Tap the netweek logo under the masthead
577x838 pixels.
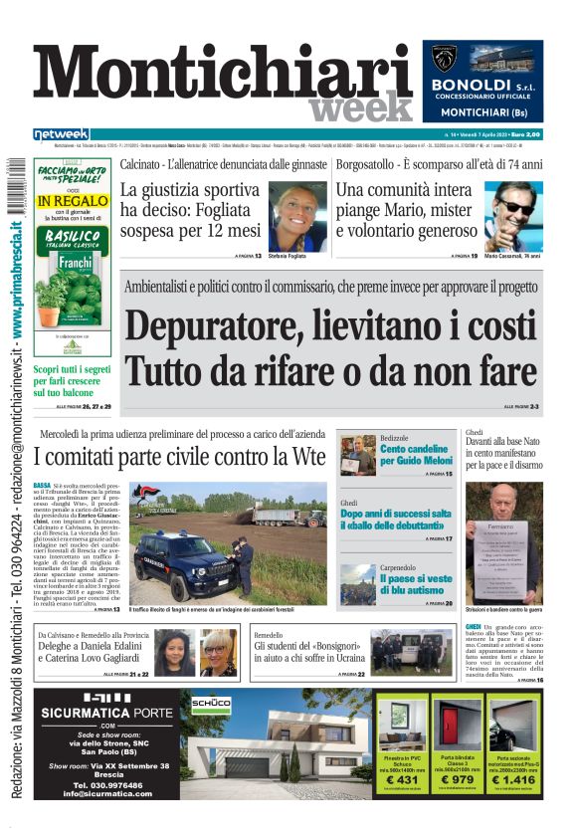tap(61, 133)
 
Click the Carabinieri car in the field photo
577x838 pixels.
tap(181, 562)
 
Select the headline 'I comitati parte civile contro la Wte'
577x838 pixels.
tap(179, 458)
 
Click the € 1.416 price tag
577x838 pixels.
tap(514, 778)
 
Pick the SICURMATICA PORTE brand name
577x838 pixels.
tap(105, 713)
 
